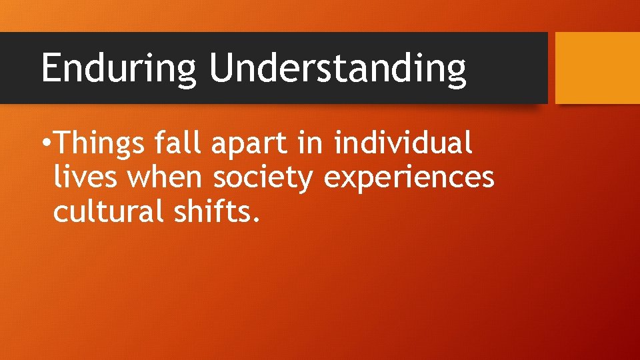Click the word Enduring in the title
(119, 68)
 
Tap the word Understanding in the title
(337, 68)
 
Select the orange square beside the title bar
(597, 68)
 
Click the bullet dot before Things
(45, 143)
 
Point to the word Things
(100, 143)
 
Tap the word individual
(403, 143)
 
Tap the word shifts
(215, 213)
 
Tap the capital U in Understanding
(221, 68)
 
